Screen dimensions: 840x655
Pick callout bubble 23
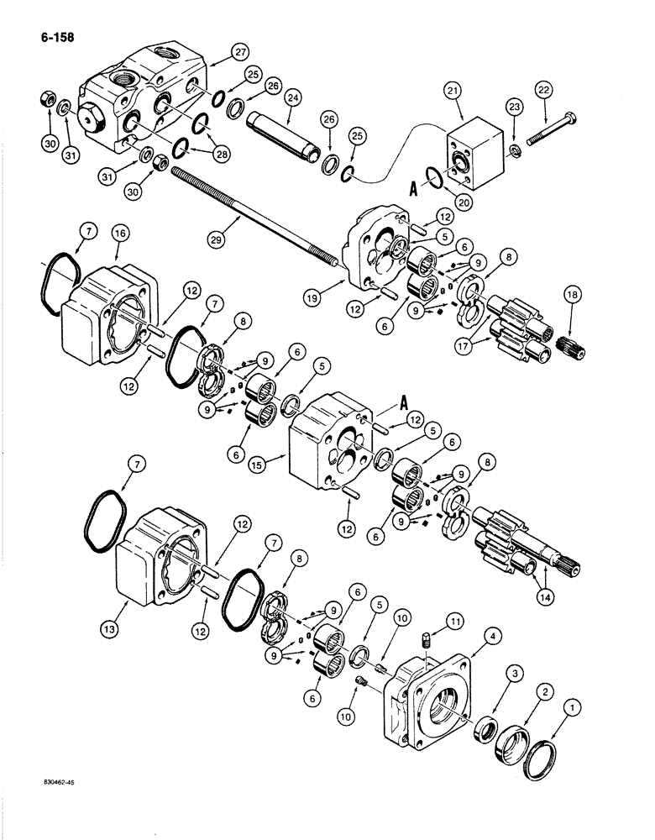pyautogui.click(x=514, y=107)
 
